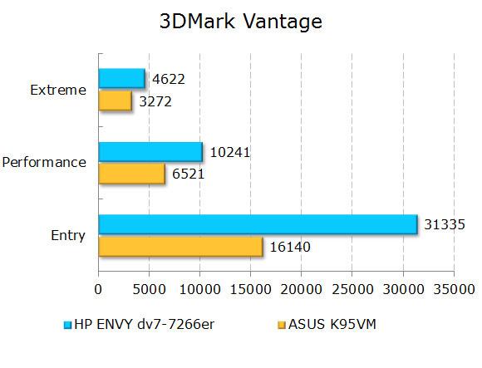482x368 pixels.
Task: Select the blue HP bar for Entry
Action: tap(258, 224)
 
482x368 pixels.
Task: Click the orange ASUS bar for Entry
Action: tap(180, 246)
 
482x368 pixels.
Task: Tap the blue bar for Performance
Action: tap(150, 151)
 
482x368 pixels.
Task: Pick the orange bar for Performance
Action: tap(131, 173)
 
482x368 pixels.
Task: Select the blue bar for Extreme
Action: tap(121, 78)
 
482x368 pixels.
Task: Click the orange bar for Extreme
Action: tap(115, 100)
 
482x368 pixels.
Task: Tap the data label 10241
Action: tap(229, 152)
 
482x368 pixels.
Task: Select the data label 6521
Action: tap(188, 174)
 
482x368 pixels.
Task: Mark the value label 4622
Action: tap(168, 79)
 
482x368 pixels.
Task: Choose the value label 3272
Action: tap(155, 101)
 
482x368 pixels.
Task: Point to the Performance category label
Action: tap(44, 163)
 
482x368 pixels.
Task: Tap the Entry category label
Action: tap(68, 236)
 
